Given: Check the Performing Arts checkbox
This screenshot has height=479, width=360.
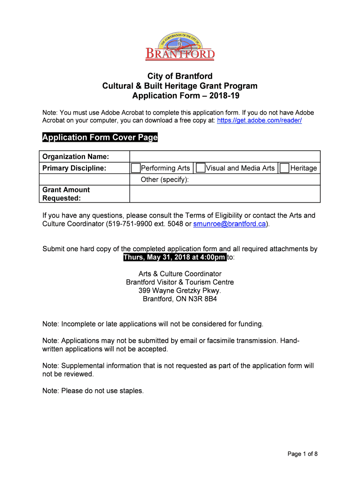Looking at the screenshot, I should coord(136,168).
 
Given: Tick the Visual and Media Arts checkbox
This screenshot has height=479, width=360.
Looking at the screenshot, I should coord(201,168).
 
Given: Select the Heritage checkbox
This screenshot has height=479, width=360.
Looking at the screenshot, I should coord(284,168).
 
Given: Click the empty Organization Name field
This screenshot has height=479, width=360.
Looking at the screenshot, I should coord(224,156).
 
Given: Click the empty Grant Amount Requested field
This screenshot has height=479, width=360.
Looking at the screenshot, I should coord(224,194).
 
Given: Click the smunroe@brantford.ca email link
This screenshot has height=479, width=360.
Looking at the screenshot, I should coord(230,224).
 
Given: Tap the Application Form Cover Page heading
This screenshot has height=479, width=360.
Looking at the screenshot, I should coord(100,138).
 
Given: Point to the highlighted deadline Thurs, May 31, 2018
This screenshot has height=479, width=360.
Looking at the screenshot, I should coord(174,258).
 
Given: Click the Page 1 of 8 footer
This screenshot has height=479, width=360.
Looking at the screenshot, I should coord(302,454).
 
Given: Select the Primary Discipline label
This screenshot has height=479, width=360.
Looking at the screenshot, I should coord(74,168).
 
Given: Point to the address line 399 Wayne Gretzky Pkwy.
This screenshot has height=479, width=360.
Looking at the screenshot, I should coord(180,290).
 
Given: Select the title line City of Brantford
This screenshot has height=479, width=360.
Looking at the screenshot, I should coord(180,76).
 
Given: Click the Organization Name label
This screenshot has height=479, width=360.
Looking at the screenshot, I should coord(76,156).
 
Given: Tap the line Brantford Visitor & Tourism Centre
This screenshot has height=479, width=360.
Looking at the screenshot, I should coord(180,282).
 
